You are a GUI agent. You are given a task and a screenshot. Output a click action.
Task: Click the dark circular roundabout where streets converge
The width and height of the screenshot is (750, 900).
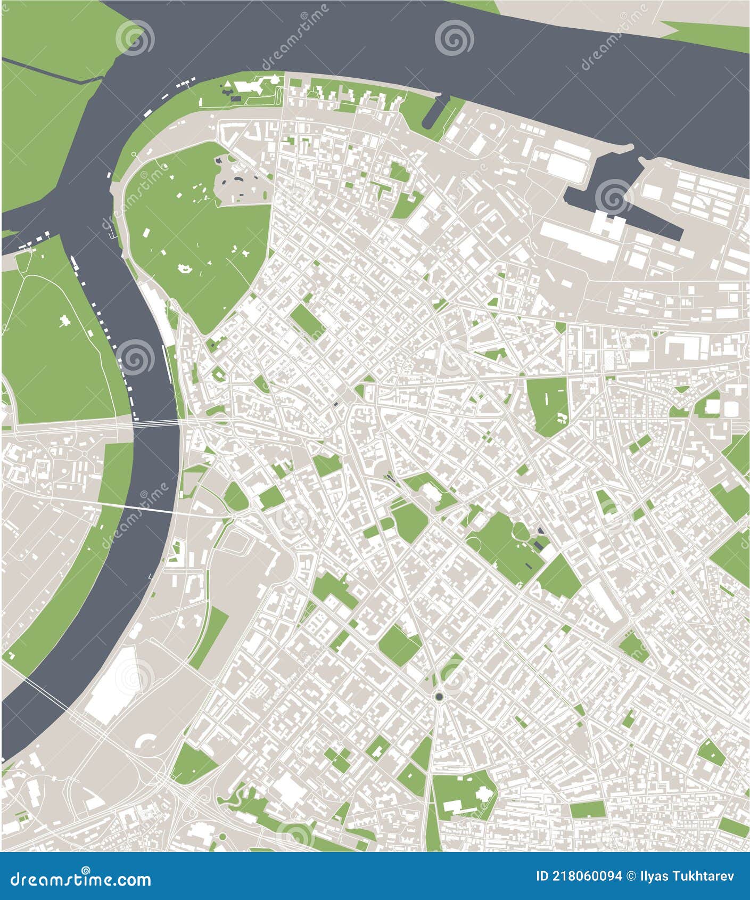pyautogui.click(x=439, y=697)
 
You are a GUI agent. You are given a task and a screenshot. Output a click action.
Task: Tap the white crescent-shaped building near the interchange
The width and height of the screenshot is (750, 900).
pyautogui.click(x=147, y=742)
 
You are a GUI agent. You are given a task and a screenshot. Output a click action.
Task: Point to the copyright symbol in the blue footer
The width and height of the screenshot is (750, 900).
pyautogui.click(x=631, y=877)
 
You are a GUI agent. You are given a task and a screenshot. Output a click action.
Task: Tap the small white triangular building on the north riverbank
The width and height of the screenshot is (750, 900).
pyautogui.click(x=228, y=85)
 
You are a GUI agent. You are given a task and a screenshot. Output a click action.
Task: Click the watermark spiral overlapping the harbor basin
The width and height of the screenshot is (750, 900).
pyautogui.click(x=612, y=196)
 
